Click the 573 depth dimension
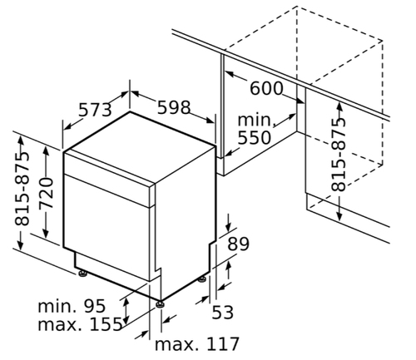click(x=95, y=110)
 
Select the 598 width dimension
click(x=174, y=107)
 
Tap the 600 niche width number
click(x=266, y=88)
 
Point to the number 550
click(x=255, y=138)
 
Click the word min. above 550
click(x=255, y=120)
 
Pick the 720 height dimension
click(x=46, y=193)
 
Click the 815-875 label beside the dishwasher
click(x=22, y=189)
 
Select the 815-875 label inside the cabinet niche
click(x=339, y=155)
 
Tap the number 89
click(x=238, y=244)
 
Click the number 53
click(x=223, y=313)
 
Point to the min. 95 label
click(x=72, y=306)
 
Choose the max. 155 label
click(x=80, y=324)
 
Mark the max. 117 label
click(x=197, y=344)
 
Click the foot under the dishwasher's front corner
click(x=160, y=304)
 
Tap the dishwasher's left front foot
click(x=82, y=274)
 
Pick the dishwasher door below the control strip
click(x=106, y=227)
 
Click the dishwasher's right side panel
click(x=186, y=223)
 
